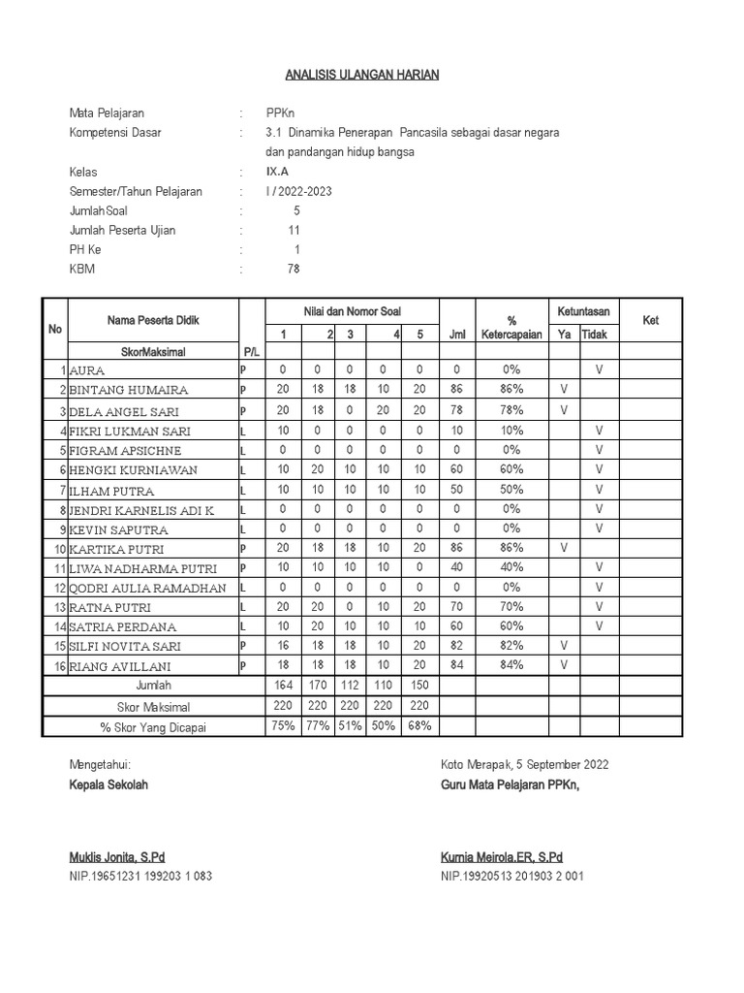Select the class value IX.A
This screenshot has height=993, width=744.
(277, 172)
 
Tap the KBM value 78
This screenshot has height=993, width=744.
(294, 270)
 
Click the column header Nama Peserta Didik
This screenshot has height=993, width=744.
(154, 321)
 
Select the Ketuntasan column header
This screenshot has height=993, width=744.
(583, 311)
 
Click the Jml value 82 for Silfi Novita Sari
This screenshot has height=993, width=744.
(456, 645)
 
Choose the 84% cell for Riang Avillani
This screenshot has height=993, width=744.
(511, 664)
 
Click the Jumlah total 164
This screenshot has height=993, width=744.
(283, 686)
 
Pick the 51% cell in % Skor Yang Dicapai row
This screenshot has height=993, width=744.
(351, 725)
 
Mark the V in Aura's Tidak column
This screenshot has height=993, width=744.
(599, 369)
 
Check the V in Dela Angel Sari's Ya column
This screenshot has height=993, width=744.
(563, 409)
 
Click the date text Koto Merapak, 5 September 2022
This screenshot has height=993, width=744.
(524, 764)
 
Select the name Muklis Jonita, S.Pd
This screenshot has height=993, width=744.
(117, 857)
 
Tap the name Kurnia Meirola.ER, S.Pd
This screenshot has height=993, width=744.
(501, 857)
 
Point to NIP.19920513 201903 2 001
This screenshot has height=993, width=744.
(511, 876)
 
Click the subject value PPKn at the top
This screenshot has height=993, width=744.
(280, 113)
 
